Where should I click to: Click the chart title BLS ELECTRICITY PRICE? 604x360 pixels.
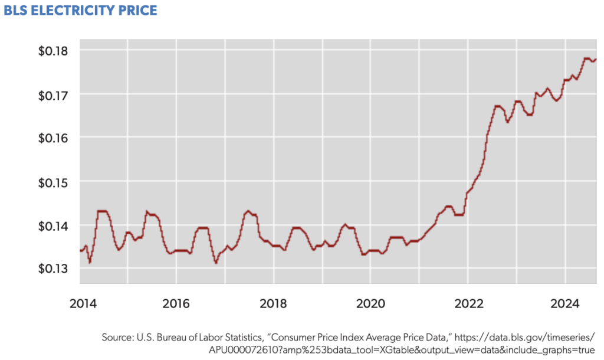pos(80,11)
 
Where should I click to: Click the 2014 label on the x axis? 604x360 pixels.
pos(81,304)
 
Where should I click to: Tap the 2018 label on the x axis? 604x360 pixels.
pos(274,304)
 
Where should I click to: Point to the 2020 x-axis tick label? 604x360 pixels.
pos(370,304)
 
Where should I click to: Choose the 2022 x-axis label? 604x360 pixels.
pos(468,304)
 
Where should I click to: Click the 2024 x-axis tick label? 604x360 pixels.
pos(564,304)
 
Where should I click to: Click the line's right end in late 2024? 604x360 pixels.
pos(596,59)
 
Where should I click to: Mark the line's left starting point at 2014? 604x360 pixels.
pos(80,251)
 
